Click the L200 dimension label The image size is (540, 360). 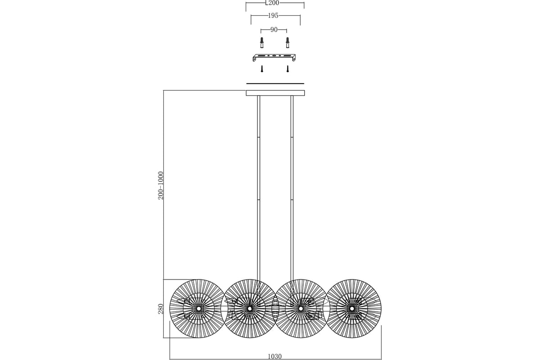coord(272,3)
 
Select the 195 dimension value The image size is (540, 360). coord(273,16)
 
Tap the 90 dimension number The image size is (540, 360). coord(274,30)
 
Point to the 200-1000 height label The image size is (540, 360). coord(161,185)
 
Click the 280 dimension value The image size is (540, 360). coord(161,309)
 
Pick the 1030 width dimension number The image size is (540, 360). coord(274,356)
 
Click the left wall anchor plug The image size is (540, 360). coord(262,43)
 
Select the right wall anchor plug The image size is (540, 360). coord(288,43)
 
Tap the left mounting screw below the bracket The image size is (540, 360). coord(262,69)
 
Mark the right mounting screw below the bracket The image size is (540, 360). coord(288,69)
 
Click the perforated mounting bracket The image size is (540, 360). coord(274,58)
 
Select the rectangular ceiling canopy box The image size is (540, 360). coord(275,93)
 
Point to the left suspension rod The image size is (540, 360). coord(258,188)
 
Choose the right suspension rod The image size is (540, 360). coord(292,188)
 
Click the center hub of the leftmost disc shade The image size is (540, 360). coord(198,308)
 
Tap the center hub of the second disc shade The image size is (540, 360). coord(249,308)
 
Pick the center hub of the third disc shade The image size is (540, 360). coord(301,308)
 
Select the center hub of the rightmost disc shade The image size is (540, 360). coord(352,308)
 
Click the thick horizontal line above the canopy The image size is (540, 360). coord(275,84)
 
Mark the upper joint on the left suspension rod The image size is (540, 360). coord(258,137)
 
